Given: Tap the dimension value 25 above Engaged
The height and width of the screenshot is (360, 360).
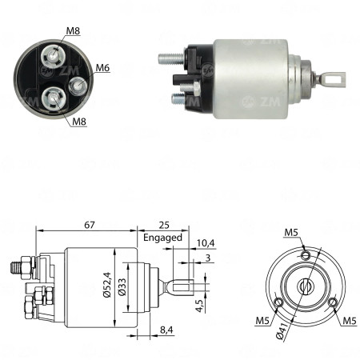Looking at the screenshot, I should [162, 226].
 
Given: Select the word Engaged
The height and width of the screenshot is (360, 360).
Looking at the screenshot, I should [163, 238].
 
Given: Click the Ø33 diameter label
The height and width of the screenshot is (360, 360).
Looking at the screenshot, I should [121, 286].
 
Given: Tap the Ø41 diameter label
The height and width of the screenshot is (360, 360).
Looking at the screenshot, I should [281, 326].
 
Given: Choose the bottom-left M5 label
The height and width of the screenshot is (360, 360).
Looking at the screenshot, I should [262, 322].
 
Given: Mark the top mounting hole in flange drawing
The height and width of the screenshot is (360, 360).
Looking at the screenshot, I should [305, 255].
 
